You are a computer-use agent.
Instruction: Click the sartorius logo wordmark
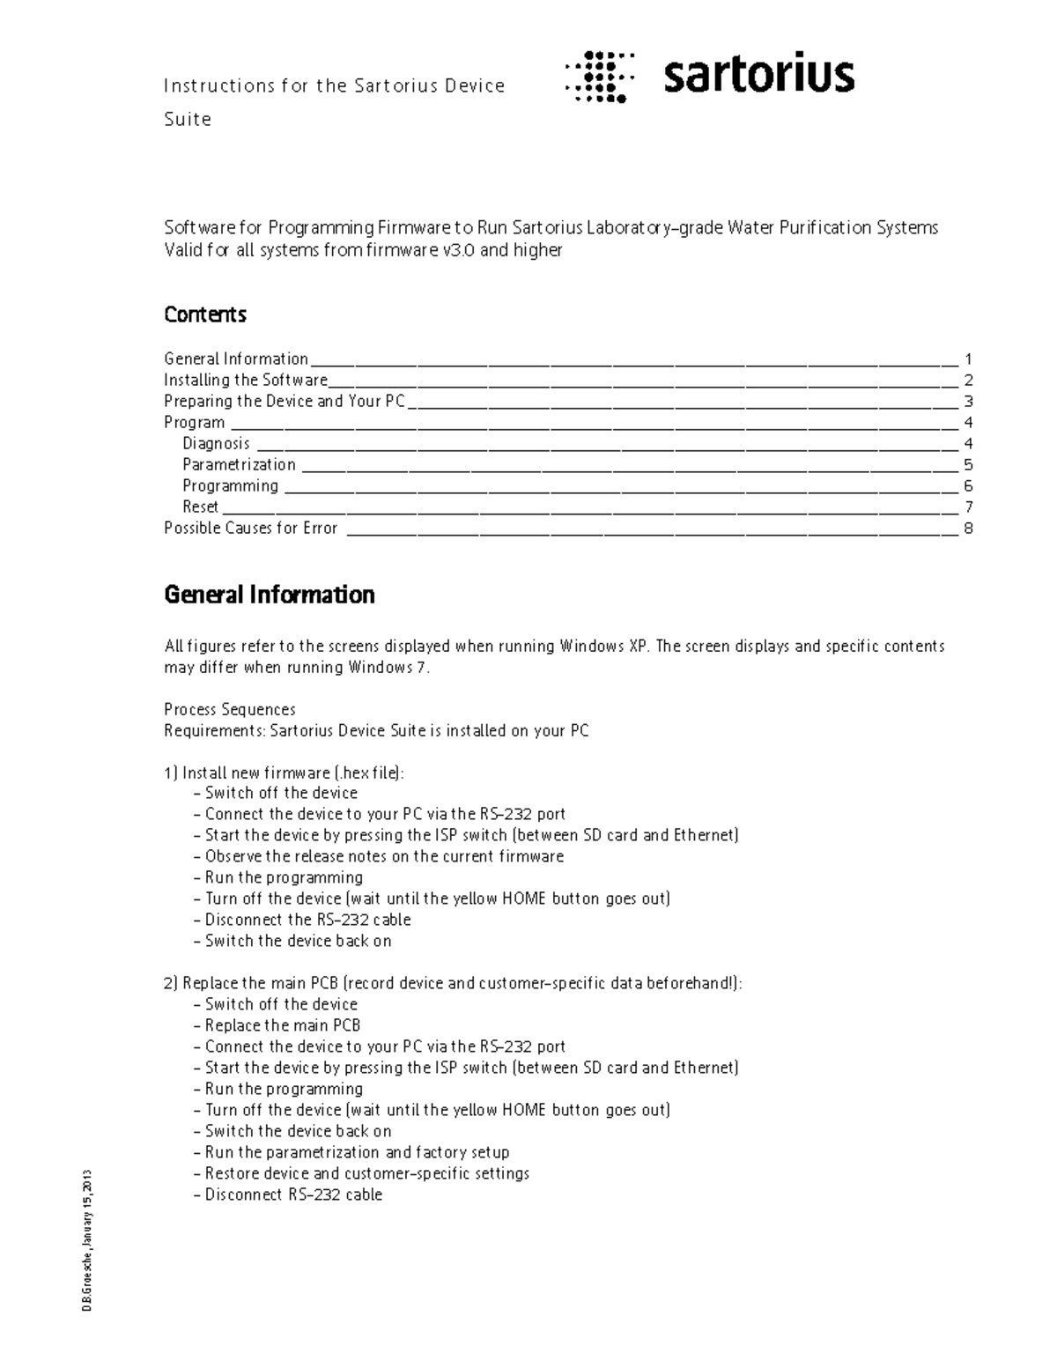coord(758,76)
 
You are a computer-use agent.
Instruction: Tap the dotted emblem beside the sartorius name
coord(600,77)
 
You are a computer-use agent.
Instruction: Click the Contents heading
coord(205,314)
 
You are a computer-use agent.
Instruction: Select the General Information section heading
coord(270,595)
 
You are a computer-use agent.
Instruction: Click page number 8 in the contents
coord(968,529)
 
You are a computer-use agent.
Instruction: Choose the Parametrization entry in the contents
coord(239,464)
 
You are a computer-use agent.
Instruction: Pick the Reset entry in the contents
coord(200,507)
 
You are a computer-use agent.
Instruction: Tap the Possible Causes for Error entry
coord(251,528)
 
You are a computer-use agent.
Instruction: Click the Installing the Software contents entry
coord(246,380)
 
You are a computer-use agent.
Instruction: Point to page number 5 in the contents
coord(968,465)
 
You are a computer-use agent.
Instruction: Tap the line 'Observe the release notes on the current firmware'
coord(384,856)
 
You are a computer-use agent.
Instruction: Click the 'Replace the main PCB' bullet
coord(282,1025)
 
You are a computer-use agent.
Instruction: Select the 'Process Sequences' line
coord(230,709)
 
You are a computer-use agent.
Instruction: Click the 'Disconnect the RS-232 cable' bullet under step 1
coord(307,920)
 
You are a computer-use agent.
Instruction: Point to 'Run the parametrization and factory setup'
coord(357,1152)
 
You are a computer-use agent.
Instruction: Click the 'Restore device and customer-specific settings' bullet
coord(366,1173)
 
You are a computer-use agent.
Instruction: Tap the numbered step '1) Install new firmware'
coord(284,773)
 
